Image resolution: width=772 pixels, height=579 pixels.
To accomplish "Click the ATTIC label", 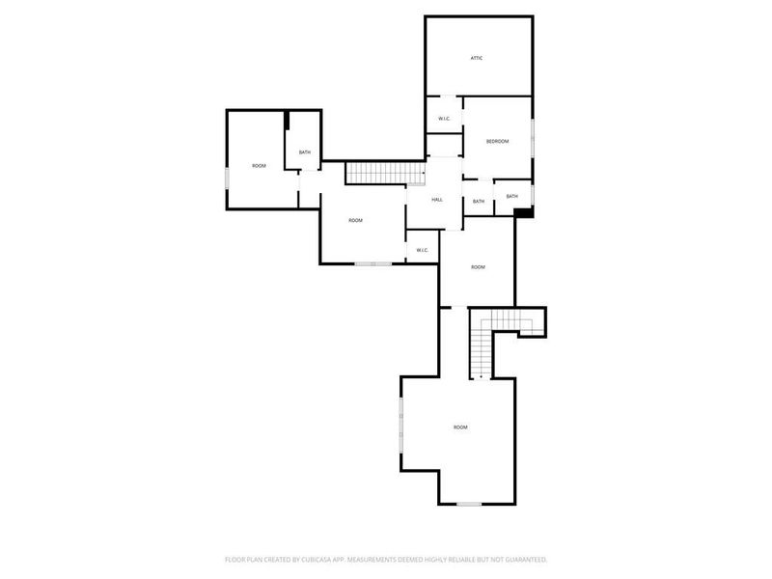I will [477, 58].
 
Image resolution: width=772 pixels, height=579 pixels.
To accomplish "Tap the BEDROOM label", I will [497, 142].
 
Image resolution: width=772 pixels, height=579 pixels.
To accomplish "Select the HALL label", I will [437, 200].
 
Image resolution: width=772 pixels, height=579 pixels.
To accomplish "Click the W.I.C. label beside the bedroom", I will [444, 119].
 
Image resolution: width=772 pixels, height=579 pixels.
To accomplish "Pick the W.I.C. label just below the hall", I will [423, 250].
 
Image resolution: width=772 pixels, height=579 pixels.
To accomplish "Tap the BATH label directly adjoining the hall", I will [479, 202].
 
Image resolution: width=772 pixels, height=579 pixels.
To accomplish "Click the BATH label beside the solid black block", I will [511, 197].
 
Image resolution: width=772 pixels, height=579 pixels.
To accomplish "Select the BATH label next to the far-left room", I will [304, 152].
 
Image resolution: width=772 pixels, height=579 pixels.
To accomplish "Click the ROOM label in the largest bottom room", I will [460, 427].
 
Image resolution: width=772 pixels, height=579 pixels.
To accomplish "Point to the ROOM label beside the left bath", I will [259, 166].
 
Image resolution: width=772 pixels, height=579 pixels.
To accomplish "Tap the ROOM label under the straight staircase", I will [355, 221].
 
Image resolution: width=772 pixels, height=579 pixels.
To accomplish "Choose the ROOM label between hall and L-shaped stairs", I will [478, 266].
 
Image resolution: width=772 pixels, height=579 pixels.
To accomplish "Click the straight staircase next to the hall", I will [385, 173].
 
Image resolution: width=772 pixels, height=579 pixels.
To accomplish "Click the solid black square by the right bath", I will [523, 212].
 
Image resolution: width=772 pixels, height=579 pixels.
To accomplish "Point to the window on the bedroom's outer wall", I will [533, 135].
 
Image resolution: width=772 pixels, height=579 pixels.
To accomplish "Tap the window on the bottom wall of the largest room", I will [469, 504].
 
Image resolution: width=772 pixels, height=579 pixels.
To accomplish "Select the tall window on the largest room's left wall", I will [401, 425].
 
